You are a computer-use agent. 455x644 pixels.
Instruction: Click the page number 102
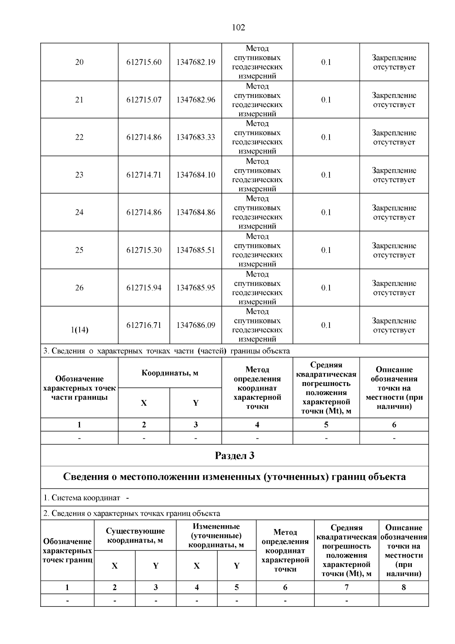click(x=238, y=27)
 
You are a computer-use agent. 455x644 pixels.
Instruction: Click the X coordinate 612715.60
click(x=144, y=62)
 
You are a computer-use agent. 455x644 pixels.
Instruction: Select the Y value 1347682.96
click(x=196, y=100)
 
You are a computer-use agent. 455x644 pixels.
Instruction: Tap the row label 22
click(x=79, y=137)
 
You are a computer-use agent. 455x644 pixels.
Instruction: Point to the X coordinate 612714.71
click(x=144, y=175)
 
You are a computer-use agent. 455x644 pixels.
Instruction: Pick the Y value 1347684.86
click(x=196, y=213)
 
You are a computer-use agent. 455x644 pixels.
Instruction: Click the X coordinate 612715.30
click(x=144, y=250)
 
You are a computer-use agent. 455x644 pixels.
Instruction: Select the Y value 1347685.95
click(x=196, y=288)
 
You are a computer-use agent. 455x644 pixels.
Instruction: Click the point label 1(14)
click(x=79, y=330)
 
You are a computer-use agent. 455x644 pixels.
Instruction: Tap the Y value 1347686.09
click(x=196, y=325)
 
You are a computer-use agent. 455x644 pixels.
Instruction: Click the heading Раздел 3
click(x=234, y=455)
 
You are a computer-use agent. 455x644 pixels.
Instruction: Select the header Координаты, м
click(x=170, y=373)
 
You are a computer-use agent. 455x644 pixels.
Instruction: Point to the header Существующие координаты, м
click(x=135, y=535)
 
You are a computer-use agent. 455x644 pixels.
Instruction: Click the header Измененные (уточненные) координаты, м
click(x=216, y=535)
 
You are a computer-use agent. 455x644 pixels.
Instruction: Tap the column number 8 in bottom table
click(x=403, y=587)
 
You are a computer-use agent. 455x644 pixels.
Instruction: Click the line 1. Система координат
click(x=82, y=498)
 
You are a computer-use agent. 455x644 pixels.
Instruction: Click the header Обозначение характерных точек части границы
click(x=79, y=388)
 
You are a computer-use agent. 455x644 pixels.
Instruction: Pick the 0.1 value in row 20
click(x=326, y=62)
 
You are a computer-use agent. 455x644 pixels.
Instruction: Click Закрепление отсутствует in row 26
click(x=394, y=288)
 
